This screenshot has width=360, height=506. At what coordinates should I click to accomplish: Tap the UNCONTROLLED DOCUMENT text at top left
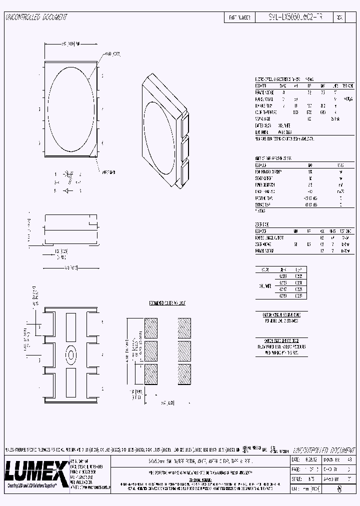coord(36,17)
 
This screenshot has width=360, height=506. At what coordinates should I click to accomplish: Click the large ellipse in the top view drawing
coord(71,107)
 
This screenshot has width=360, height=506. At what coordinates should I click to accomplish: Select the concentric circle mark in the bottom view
coord(71,355)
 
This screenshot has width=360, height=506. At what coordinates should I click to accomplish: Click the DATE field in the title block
coord(295,459)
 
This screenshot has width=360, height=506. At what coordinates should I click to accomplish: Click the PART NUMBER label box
coord(239,17)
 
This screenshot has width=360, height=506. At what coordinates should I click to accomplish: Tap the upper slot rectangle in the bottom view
coord(71,326)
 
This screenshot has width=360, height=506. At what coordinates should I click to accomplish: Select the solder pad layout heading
coord(168,303)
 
